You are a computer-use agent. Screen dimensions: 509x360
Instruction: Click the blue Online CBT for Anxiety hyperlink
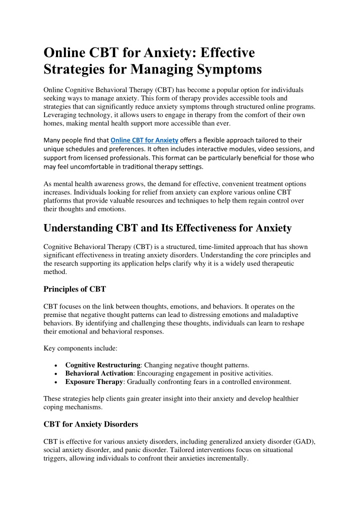[144, 139]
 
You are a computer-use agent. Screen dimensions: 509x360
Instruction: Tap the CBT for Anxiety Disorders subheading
[90, 425]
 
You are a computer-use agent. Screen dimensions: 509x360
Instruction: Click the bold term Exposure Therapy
[94, 382]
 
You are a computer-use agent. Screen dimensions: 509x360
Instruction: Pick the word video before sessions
[252, 149]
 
